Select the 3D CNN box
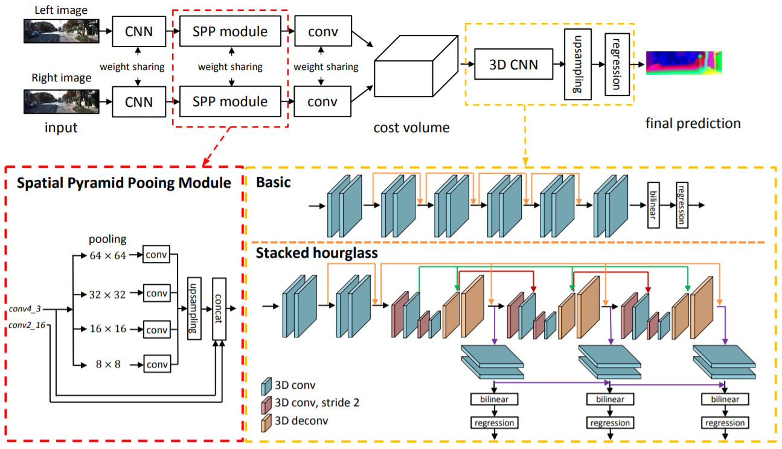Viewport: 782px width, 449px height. (x=513, y=64)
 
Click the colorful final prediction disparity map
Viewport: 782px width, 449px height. (x=684, y=63)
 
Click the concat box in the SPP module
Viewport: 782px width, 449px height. (x=220, y=309)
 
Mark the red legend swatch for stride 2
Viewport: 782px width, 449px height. (x=266, y=403)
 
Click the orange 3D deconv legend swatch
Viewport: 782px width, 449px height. (x=266, y=420)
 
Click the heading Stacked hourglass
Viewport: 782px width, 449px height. (x=317, y=253)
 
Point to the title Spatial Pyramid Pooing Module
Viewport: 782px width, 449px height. (x=123, y=182)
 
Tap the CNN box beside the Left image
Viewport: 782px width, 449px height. (x=138, y=31)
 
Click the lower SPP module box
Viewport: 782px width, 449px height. (x=230, y=102)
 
